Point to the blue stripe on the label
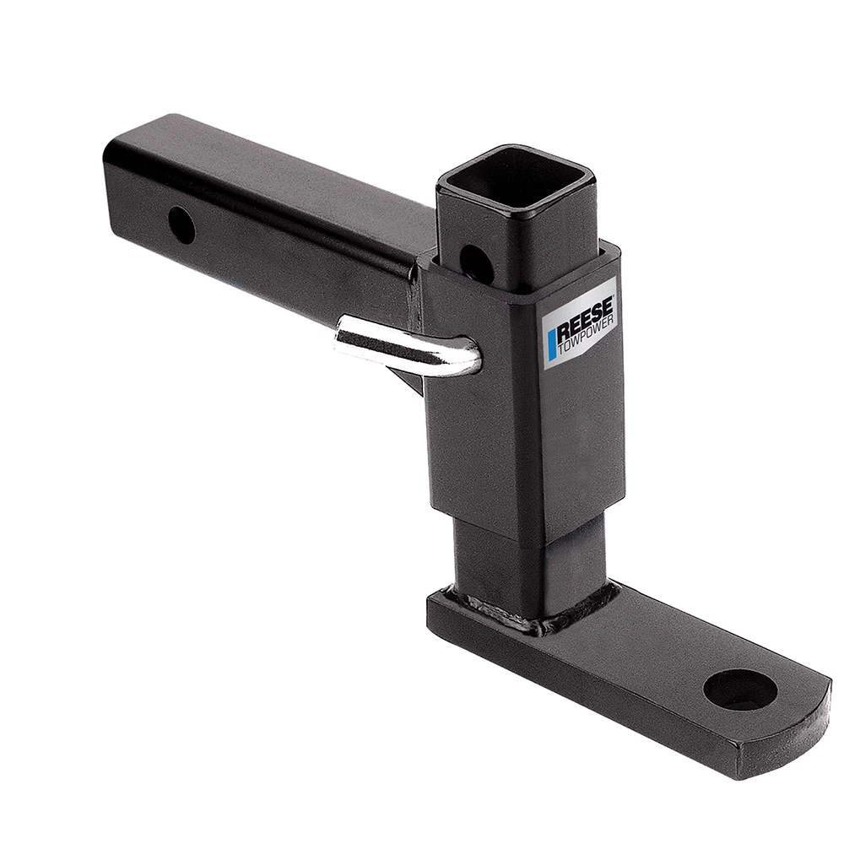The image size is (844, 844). pos(552,347)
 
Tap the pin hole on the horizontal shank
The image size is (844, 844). pos(181,224)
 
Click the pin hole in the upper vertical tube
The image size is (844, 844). pos(476,258)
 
